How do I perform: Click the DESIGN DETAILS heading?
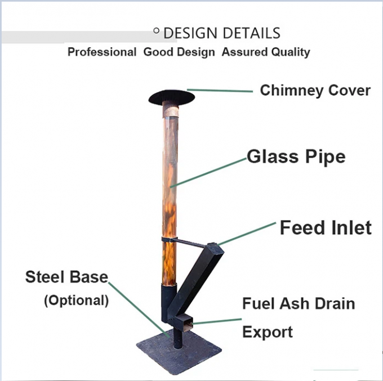tap(221, 33)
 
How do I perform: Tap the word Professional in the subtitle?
tap(102, 52)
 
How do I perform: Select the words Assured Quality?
tap(266, 52)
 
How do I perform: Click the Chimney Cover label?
tap(315, 91)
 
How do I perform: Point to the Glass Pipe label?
tap(296, 156)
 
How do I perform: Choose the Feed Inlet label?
tap(326, 228)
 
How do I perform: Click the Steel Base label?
tap(66, 277)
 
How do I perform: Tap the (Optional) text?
tap(76, 300)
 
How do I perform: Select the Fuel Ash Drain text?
tap(299, 304)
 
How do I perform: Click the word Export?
tap(267, 332)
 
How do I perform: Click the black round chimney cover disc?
tap(172, 97)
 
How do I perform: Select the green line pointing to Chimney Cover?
tap(220, 90)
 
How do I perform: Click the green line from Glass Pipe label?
tap(208, 171)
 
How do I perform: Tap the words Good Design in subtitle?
tap(179, 52)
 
